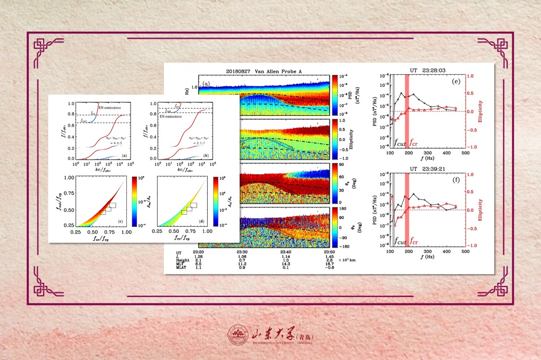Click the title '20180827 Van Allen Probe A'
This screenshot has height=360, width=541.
click(x=264, y=71)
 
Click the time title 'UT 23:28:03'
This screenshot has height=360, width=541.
click(x=428, y=70)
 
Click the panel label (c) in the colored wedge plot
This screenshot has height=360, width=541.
click(x=124, y=221)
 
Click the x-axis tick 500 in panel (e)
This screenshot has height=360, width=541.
click(x=466, y=153)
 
